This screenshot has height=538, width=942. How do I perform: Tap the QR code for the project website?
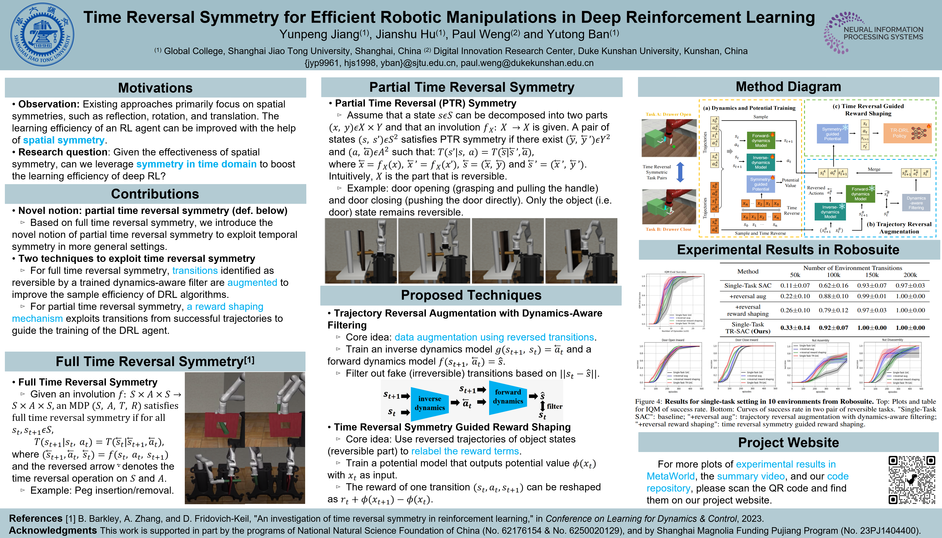912,480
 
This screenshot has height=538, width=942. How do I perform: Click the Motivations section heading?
155,88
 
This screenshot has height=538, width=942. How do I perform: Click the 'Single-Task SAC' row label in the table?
747,285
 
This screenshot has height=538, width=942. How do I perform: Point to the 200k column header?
910,275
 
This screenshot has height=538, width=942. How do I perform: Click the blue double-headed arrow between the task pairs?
680,172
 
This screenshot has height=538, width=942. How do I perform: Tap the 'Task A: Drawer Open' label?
668,114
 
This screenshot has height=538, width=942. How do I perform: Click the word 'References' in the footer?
35,518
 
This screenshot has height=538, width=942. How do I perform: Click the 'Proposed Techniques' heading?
471,295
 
